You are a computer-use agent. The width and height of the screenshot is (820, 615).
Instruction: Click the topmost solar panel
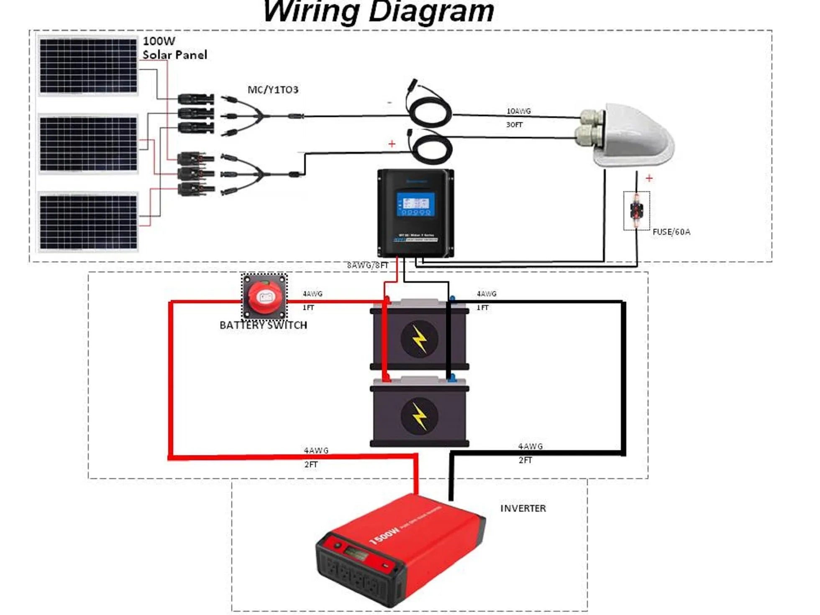point(88,66)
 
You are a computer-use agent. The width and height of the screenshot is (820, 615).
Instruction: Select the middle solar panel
point(88,144)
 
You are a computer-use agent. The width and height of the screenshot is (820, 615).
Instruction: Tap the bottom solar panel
point(88,222)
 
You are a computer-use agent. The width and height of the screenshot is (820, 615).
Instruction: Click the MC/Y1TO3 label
point(273,90)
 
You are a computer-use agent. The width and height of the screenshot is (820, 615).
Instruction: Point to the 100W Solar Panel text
point(174,48)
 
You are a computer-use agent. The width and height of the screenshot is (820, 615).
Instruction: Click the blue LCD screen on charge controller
point(415,204)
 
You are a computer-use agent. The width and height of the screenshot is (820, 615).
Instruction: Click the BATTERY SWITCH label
point(263,325)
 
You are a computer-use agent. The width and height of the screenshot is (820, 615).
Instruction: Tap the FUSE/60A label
point(671,232)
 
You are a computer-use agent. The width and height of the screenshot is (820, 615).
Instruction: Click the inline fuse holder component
point(636,210)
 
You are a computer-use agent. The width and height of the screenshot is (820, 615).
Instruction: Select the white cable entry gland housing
point(628,134)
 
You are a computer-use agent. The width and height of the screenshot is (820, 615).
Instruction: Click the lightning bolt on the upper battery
point(419,338)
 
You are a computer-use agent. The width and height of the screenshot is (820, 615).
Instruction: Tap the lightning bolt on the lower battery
point(419,416)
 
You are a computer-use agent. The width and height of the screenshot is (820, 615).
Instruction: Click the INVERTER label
point(523,508)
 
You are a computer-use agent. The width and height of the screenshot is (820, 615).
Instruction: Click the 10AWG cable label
point(518,111)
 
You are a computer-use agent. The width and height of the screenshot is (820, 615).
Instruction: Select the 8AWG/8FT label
point(367,265)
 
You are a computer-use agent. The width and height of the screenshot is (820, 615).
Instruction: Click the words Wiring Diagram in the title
point(379,11)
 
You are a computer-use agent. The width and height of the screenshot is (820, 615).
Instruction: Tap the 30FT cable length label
point(514,125)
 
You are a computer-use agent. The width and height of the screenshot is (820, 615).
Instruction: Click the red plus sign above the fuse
point(649,178)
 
